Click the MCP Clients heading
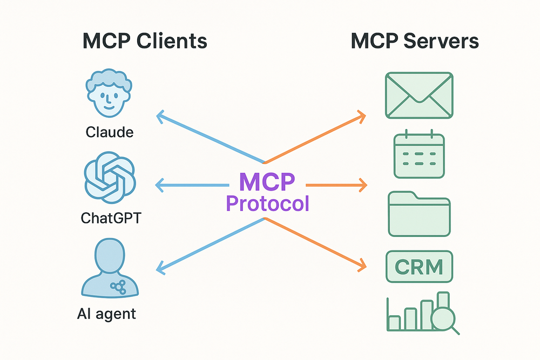tap(145, 42)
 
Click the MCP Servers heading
tap(415, 42)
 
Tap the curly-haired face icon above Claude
tap(109, 96)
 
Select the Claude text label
tap(109, 132)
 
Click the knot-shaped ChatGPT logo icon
tap(109, 179)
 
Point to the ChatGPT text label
tap(109, 218)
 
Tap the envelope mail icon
tap(419, 96)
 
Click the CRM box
tap(419, 266)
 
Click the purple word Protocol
tap(268, 203)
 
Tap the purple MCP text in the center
tap(268, 181)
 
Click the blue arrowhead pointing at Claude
tap(160, 115)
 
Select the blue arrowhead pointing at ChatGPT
tap(159, 185)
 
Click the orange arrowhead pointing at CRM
tap(361, 265)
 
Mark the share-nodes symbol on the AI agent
tap(116, 287)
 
